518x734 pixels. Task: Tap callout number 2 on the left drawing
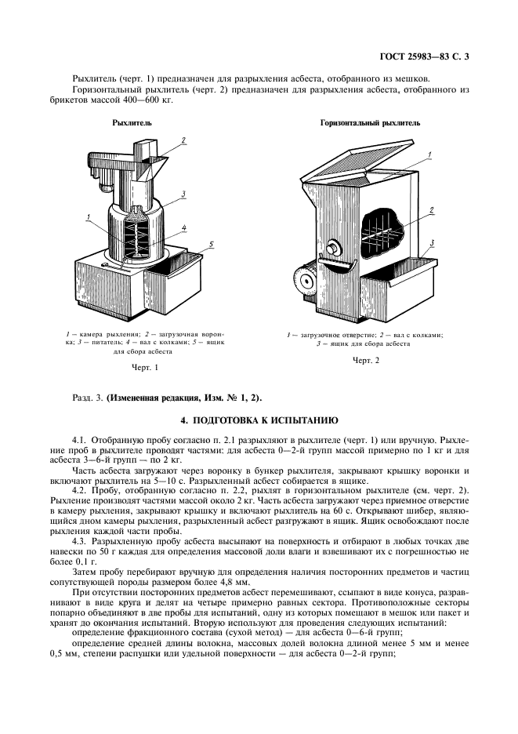point(183,141)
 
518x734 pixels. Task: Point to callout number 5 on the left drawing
point(211,246)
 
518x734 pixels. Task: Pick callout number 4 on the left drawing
point(183,229)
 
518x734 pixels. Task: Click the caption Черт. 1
point(145,366)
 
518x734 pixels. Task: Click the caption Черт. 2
point(365,360)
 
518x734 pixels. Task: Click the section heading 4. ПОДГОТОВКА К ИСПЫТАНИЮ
point(259,420)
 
